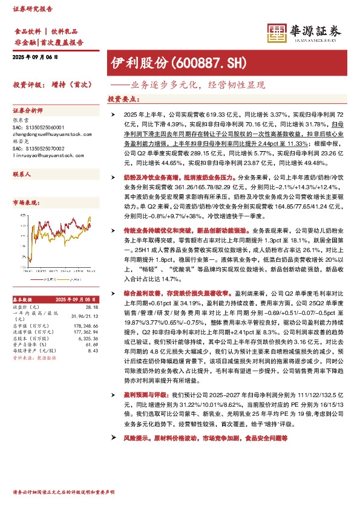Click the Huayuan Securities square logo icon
coord(278,34)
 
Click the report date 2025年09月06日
coord(34,57)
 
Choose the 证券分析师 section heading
coord(27,111)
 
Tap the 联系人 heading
coord(22,173)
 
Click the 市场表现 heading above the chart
coord(25,203)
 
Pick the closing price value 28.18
coord(93,306)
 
